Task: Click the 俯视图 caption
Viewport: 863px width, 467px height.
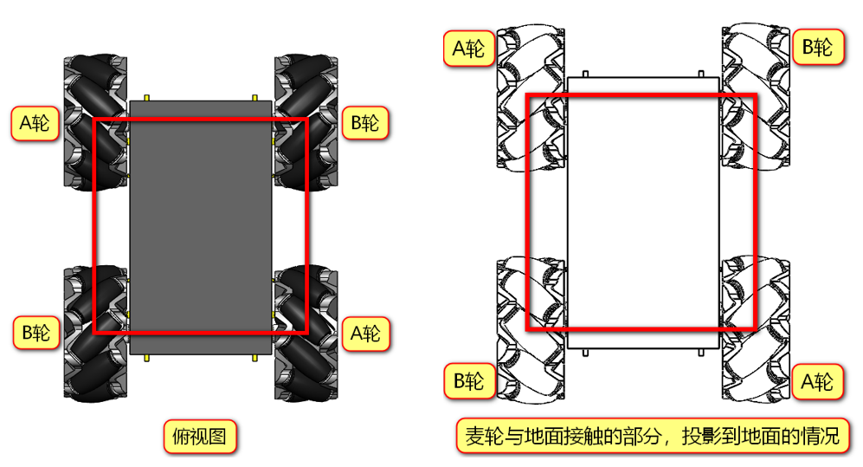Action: (200, 437)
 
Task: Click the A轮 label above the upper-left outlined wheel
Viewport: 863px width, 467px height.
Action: (469, 48)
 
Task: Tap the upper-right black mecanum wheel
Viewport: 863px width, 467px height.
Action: (306, 121)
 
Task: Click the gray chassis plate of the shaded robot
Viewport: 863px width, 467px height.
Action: (201, 225)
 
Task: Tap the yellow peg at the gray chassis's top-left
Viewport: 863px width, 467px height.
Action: (147, 95)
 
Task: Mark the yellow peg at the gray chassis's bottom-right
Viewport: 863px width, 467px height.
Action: (254, 357)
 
